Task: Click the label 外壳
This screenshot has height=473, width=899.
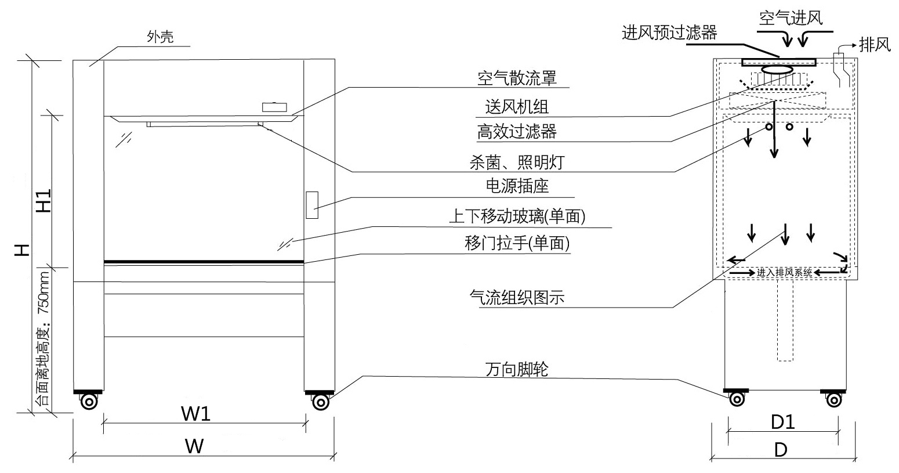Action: (x=160, y=38)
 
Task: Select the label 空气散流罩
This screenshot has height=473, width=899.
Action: (x=517, y=78)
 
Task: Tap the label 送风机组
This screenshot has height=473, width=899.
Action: (x=517, y=107)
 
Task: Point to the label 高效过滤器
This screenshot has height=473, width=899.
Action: (x=517, y=132)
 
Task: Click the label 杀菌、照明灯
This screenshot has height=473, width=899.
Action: (x=516, y=162)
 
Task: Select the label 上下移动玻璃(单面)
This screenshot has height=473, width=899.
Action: (x=517, y=217)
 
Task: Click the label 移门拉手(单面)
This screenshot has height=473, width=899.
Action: (x=517, y=244)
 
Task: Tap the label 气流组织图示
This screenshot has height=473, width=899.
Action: (x=517, y=298)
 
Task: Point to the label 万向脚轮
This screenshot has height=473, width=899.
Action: (x=517, y=369)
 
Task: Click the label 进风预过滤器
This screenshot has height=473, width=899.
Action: (x=669, y=32)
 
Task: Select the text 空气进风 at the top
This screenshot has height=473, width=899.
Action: (x=791, y=19)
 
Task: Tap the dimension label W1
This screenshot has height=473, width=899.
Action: (x=196, y=414)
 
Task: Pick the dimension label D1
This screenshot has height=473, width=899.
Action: (x=782, y=422)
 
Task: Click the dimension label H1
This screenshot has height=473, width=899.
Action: (x=45, y=200)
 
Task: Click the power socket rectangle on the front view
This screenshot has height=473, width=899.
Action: (x=312, y=204)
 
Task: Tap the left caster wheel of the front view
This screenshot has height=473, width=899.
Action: (x=89, y=402)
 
